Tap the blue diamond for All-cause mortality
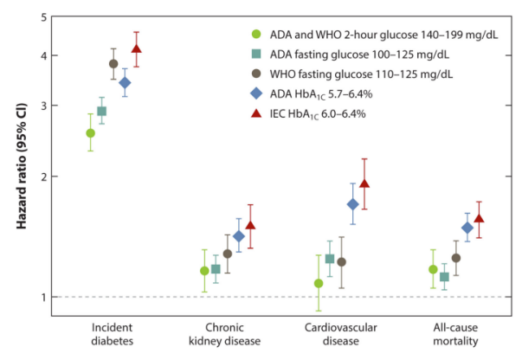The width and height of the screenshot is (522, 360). [443, 228]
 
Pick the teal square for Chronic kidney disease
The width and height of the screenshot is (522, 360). [216, 269]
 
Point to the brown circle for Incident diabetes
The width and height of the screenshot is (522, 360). [113, 63]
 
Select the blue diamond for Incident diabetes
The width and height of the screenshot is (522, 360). [125, 83]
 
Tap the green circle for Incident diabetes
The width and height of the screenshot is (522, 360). [90, 132]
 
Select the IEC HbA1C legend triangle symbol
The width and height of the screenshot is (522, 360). [255, 112]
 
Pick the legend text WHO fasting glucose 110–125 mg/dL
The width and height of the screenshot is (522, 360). [359, 73]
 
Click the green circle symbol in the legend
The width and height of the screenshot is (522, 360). [255, 34]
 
